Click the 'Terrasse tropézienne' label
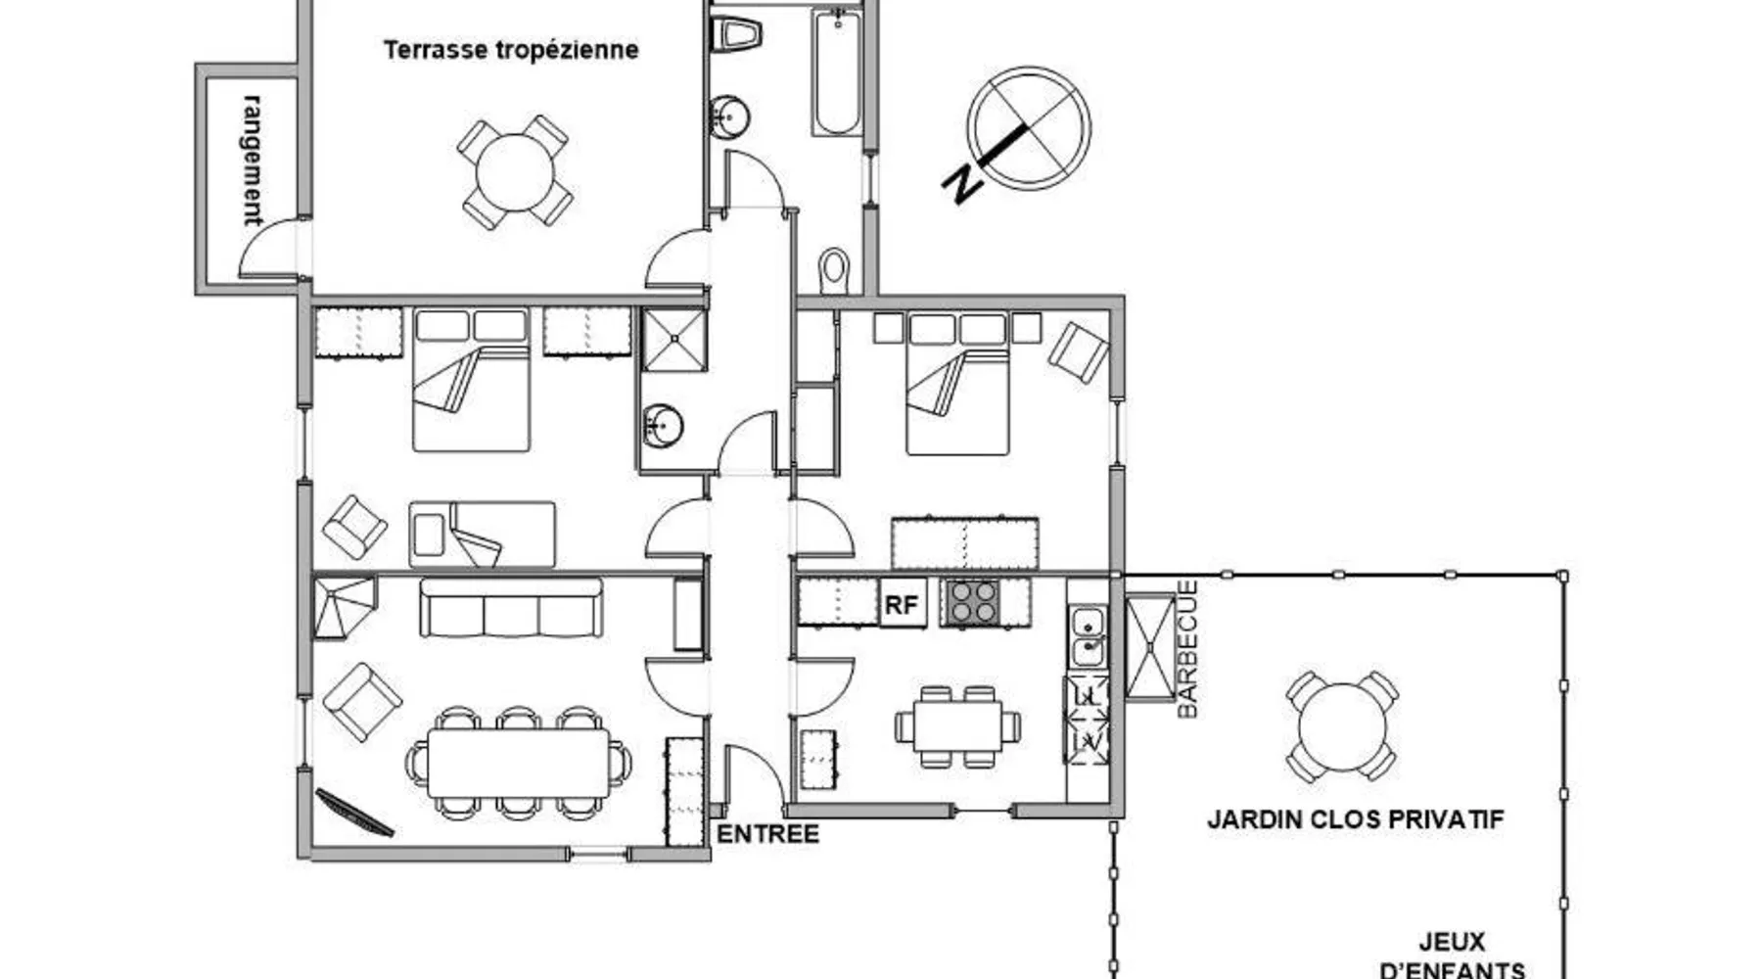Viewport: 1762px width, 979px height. click(x=511, y=50)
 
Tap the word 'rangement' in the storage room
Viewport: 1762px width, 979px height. click(x=253, y=160)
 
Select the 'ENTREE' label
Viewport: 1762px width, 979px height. click(x=768, y=834)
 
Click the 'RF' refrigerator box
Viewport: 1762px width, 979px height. click(x=902, y=604)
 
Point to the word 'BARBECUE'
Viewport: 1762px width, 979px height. click(x=1186, y=649)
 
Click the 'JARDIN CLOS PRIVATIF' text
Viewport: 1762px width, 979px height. click(x=1355, y=819)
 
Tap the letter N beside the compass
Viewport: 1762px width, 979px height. click(x=962, y=184)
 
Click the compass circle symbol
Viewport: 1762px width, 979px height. click(x=1029, y=129)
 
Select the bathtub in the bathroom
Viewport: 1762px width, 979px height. click(x=836, y=70)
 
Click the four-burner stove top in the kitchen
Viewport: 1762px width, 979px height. click(x=971, y=602)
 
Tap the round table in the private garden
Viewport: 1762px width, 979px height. click(x=1342, y=726)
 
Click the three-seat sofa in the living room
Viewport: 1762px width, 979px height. click(x=511, y=607)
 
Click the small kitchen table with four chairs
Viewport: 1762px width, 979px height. click(x=957, y=726)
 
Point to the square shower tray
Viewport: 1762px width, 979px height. click(x=674, y=340)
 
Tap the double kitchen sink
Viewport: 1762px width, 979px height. click(x=1088, y=636)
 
